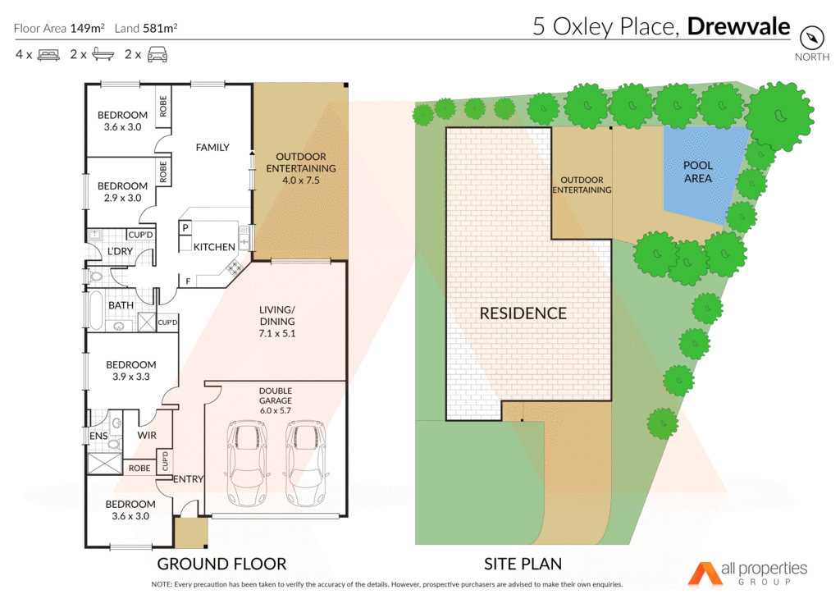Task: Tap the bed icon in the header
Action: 48,55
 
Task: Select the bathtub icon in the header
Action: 102,55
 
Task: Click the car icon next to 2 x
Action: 157,55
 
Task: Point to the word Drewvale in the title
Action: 738,27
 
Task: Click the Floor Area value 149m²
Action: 87,28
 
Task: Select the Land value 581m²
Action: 161,28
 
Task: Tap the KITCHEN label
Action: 214,246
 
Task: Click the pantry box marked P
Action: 186,227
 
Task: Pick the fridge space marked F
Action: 188,281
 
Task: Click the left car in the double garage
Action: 246,464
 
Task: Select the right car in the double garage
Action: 305,464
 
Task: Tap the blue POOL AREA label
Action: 697,171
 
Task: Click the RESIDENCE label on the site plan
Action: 523,313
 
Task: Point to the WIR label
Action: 147,435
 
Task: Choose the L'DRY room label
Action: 120,251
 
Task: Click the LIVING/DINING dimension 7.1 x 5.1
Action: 276,334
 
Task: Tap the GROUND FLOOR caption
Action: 221,564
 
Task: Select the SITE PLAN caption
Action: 522,564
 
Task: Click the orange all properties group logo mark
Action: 702,574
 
